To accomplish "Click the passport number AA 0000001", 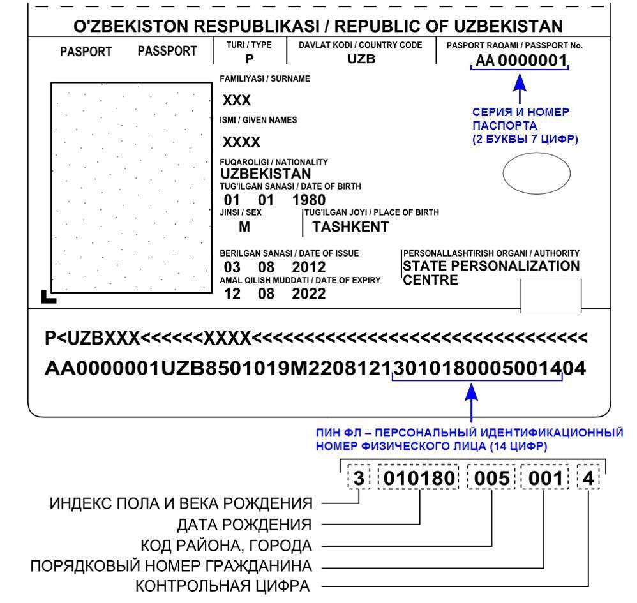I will (519, 61).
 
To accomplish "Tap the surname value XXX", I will (236, 101).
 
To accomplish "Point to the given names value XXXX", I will (241, 141).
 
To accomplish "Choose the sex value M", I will (244, 227).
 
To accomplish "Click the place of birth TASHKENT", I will (350, 227).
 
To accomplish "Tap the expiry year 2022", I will (309, 294).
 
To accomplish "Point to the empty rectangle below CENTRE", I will (551, 295).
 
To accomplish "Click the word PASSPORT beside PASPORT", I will (167, 50).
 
